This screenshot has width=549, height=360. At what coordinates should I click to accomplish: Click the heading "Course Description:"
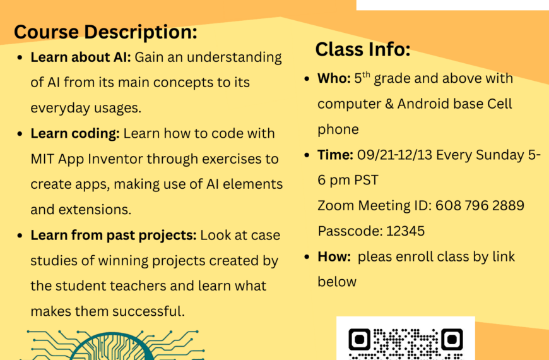click(x=105, y=32)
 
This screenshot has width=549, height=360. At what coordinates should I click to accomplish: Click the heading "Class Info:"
click(x=363, y=49)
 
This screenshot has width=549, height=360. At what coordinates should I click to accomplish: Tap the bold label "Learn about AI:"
click(x=81, y=57)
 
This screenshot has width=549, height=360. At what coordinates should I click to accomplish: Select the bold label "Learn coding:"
click(x=75, y=133)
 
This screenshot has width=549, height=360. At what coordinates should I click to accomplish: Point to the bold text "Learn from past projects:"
click(x=114, y=235)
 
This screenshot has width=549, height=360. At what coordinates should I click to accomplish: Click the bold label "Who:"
click(x=334, y=78)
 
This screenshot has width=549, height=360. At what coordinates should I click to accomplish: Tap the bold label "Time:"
click(x=336, y=155)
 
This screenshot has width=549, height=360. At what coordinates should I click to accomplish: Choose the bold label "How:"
click(x=334, y=256)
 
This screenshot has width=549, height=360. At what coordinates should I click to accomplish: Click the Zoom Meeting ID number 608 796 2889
click(x=480, y=205)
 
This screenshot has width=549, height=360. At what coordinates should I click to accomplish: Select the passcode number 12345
click(x=406, y=231)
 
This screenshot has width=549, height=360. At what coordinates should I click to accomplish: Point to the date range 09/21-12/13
click(x=394, y=155)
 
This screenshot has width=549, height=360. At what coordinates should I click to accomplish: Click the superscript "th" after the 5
click(x=366, y=75)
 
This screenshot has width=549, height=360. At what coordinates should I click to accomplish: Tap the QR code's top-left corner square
click(x=359, y=339)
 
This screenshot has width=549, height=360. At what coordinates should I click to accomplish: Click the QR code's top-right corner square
click(x=452, y=339)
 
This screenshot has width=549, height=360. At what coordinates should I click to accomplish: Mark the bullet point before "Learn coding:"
click(x=20, y=134)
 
